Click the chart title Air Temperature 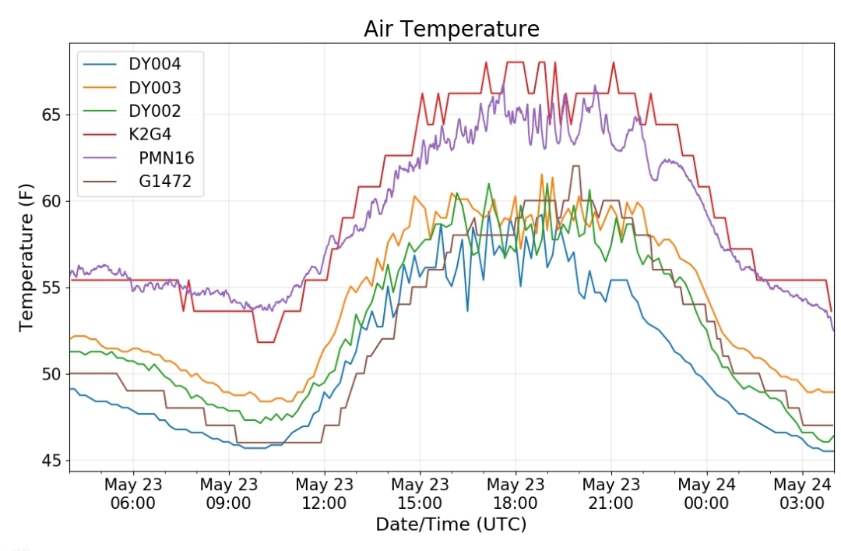coord(452,29)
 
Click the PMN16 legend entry coord(139,158)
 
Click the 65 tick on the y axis coord(51,115)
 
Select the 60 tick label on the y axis coord(51,201)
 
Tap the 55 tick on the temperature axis coord(51,288)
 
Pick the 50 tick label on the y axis coord(51,374)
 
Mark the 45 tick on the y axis coord(51,461)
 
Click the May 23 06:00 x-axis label coord(133,493)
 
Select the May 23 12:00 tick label coord(325,493)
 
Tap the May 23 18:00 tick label coord(516,493)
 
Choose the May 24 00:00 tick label coord(706,493)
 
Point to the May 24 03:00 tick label coord(802,493)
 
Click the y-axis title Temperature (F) coord(26,258)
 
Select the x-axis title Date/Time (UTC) coord(451,525)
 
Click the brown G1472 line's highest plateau coord(575,166)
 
